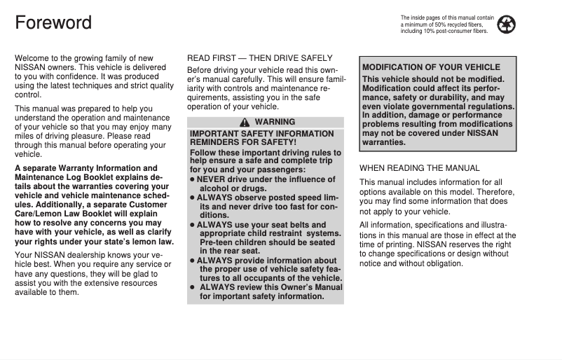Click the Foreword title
(53, 22)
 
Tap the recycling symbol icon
(506, 25)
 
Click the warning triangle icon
(245, 123)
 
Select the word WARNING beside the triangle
(275, 123)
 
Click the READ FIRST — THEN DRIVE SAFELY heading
(259, 57)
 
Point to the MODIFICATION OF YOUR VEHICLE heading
(431, 67)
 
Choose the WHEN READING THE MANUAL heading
(419, 168)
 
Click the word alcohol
(215, 188)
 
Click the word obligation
(439, 263)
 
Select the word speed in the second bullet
(309, 198)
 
